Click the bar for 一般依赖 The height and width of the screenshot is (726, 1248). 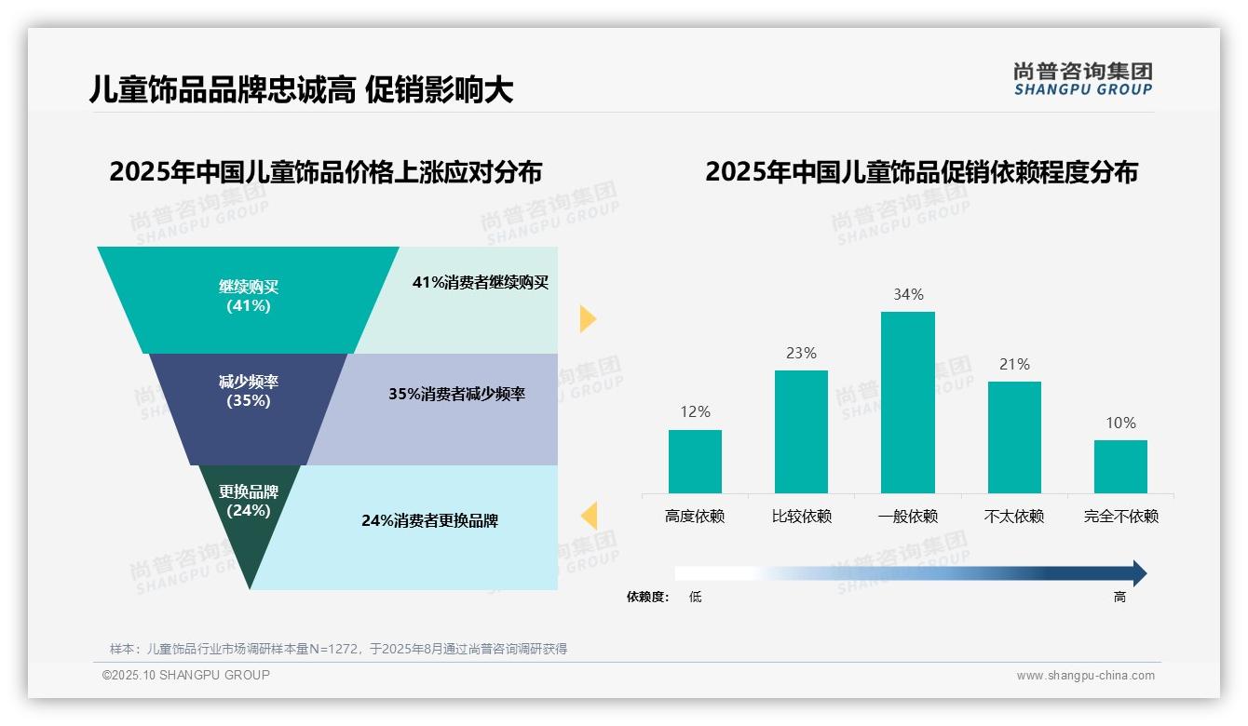coord(907,402)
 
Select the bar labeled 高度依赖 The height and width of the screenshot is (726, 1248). coord(695,461)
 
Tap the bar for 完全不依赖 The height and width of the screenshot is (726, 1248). coord(1120,466)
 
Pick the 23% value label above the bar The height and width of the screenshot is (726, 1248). coord(801,353)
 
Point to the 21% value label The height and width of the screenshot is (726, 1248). coord(1014,364)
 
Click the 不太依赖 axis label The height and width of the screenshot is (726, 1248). coord(1014,517)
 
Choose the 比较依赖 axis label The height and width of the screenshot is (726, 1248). coord(801,517)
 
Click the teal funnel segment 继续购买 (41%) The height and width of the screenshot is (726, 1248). coord(248,297)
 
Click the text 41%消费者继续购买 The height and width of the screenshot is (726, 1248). coord(481,282)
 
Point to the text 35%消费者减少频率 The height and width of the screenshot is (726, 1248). coord(456,394)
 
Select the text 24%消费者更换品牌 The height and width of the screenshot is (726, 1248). coord(429,520)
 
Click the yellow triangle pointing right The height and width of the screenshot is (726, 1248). coord(587,318)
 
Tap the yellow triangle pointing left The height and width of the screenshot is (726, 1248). coord(589,515)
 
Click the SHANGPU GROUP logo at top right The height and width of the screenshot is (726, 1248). coord(1082,79)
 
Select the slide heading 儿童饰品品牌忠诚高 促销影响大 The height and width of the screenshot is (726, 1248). coord(301,90)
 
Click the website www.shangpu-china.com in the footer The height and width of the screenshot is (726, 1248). coord(1085,676)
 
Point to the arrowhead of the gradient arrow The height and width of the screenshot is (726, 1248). coord(1138,573)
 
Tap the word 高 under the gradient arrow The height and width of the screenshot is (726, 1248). coord(1119,597)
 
